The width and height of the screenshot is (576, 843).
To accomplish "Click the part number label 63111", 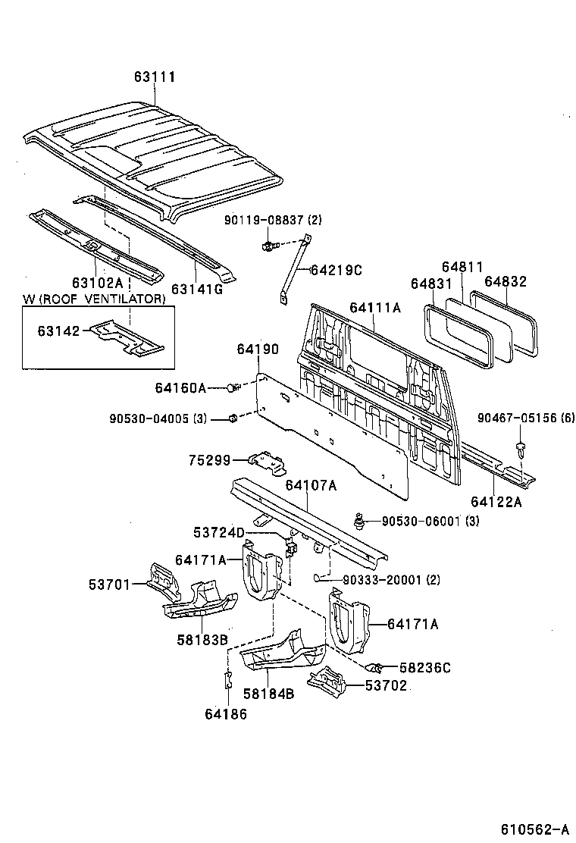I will tap(155, 77).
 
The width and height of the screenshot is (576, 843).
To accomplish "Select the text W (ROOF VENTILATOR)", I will tap(93, 299).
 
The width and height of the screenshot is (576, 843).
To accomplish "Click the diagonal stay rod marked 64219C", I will tap(295, 269).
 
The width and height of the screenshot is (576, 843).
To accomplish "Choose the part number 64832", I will tap(506, 281).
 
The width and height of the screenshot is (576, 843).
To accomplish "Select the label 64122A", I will tap(496, 501).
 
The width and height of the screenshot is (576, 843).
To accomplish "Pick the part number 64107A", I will tap(311, 486).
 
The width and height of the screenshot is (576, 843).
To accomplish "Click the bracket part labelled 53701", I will tap(162, 580).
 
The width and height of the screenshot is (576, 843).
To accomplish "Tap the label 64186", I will tap(225, 713).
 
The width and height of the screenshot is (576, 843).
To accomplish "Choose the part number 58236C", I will tap(425, 667).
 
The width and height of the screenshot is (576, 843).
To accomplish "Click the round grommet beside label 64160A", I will tap(231, 388).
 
